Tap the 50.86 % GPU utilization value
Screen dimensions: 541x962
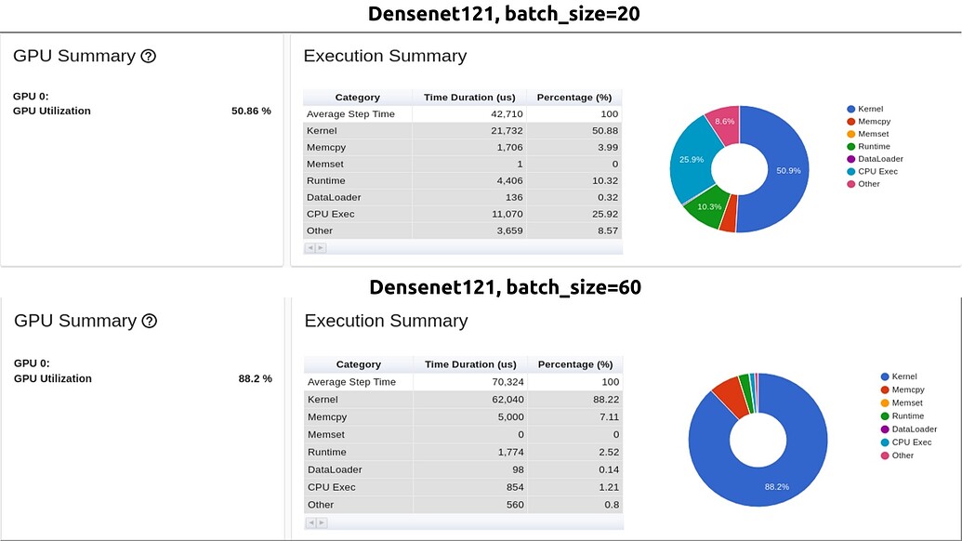click(x=251, y=111)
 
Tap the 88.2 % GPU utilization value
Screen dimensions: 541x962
click(x=255, y=378)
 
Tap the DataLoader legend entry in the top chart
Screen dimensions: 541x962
click(x=879, y=159)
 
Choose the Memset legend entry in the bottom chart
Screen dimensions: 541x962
click(x=906, y=403)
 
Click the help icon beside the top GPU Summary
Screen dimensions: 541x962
click(x=148, y=56)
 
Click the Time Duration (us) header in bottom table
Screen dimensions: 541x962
click(x=470, y=364)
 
